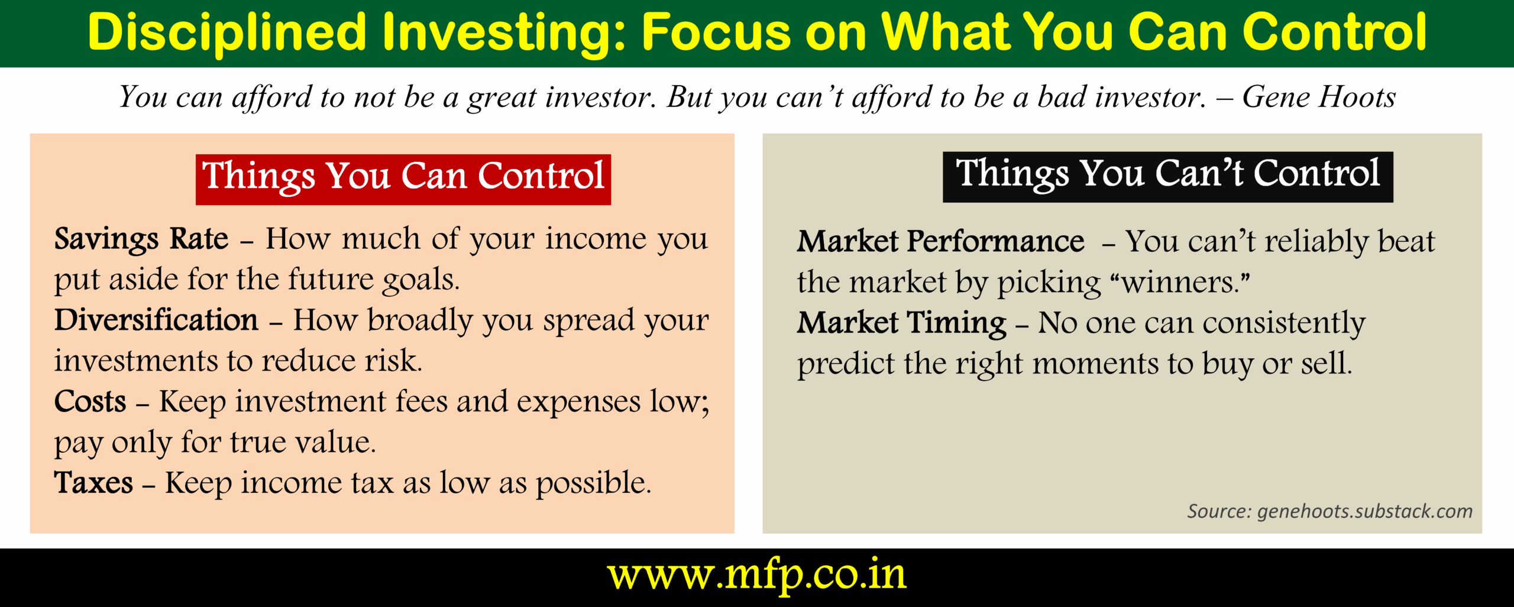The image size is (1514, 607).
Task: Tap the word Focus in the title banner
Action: (716, 32)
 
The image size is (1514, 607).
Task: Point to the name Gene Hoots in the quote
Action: (1319, 97)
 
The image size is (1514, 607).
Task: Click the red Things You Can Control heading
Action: (403, 179)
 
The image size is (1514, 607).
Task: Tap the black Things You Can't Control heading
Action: (1168, 177)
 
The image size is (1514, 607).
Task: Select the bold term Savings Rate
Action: (141, 240)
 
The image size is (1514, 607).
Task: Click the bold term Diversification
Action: (156, 320)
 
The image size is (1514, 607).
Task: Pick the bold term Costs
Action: (90, 402)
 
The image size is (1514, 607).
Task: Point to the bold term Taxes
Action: (93, 483)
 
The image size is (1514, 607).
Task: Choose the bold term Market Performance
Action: (940, 242)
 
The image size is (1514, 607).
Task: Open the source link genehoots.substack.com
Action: (1365, 511)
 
